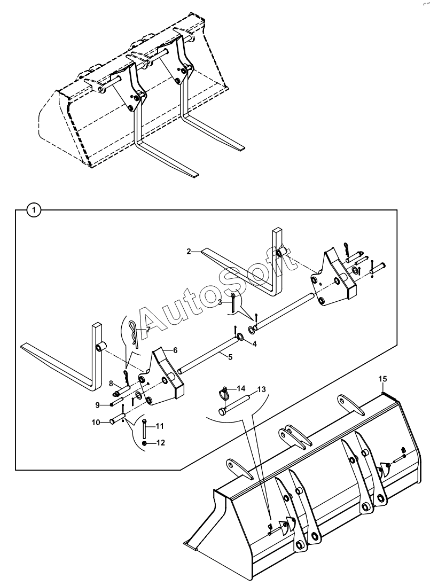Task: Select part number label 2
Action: (189, 252)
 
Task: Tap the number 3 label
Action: (220, 302)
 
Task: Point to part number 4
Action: (254, 344)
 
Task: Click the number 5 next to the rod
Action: (230, 357)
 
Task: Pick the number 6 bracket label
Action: (175, 350)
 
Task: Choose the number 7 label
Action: (148, 330)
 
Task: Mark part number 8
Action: (111, 384)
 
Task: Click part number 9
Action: (98, 405)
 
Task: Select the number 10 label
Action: (96, 423)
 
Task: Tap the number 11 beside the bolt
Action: (160, 426)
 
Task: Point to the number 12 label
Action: (161, 443)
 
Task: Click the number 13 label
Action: (262, 389)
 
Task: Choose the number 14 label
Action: (241, 388)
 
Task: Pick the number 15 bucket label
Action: (382, 379)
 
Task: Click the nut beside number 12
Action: (145, 443)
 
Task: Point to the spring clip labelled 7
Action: (134, 332)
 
